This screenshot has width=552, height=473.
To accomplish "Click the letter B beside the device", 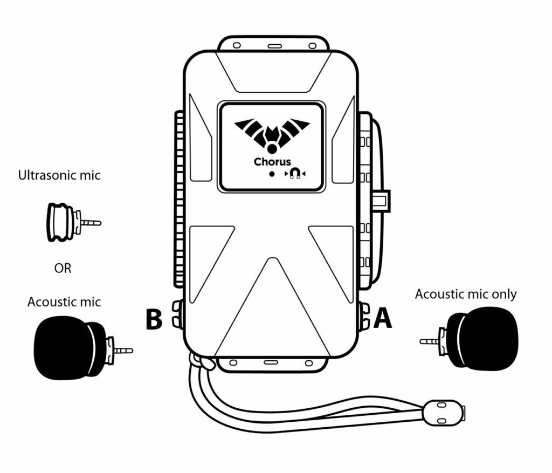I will [x=154, y=318].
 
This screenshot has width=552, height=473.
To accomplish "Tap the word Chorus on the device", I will [x=272, y=161].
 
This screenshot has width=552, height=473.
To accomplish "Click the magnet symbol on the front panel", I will [x=295, y=173].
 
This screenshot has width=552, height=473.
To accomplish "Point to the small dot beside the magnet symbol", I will [x=272, y=174].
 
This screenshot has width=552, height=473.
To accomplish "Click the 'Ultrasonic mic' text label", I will [x=59, y=175].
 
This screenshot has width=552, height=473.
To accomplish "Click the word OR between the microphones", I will [x=63, y=268].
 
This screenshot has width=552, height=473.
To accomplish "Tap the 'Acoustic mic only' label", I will [x=466, y=294].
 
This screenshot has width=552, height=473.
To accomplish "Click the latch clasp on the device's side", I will [x=382, y=201].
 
